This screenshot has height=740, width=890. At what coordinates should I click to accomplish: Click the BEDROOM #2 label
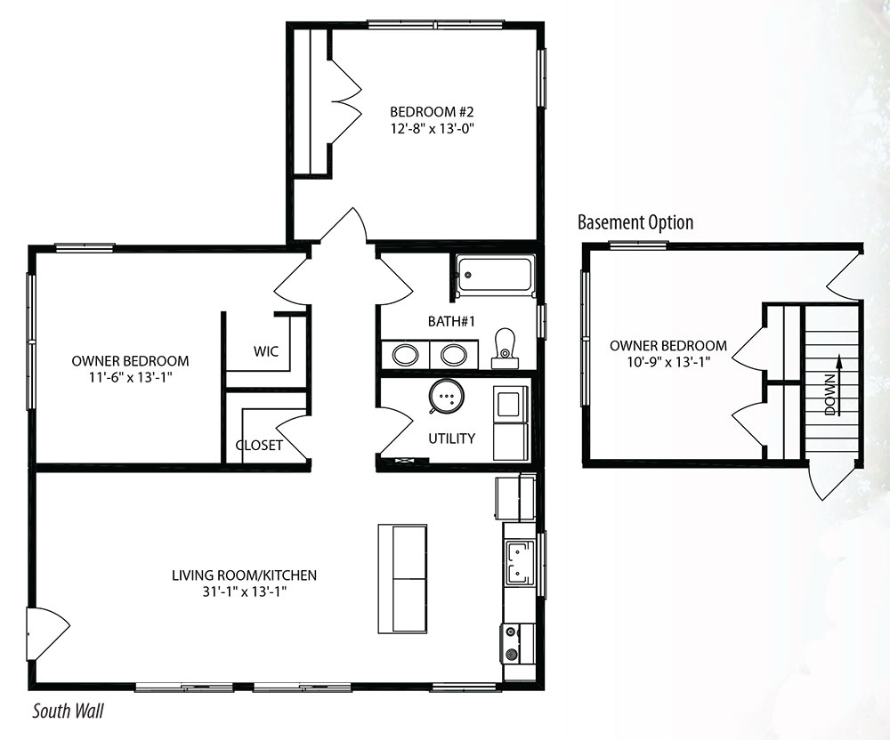[x=432, y=112]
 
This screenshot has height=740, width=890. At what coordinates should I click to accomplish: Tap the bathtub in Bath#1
[x=496, y=276]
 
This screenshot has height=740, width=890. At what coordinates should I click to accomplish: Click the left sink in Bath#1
[x=405, y=355]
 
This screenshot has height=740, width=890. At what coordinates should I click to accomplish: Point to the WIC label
[x=265, y=351]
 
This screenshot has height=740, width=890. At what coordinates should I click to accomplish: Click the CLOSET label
[x=259, y=445]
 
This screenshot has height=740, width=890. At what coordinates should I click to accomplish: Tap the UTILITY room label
[x=451, y=438]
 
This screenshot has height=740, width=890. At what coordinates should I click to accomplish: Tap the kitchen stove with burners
[x=517, y=643]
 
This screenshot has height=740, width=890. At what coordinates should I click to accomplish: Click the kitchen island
[x=402, y=578]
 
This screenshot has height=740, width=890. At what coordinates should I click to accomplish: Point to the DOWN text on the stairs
[x=829, y=395]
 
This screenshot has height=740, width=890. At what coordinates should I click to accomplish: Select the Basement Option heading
[x=635, y=222]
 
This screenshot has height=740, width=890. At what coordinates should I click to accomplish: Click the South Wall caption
[x=69, y=711]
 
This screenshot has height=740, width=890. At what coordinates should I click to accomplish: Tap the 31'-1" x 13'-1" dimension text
[x=244, y=592]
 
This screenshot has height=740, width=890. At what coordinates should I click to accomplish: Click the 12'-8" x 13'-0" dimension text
[x=432, y=129]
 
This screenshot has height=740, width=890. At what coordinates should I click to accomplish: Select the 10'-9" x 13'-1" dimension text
[x=668, y=362]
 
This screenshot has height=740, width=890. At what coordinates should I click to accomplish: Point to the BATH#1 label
[x=451, y=321]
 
